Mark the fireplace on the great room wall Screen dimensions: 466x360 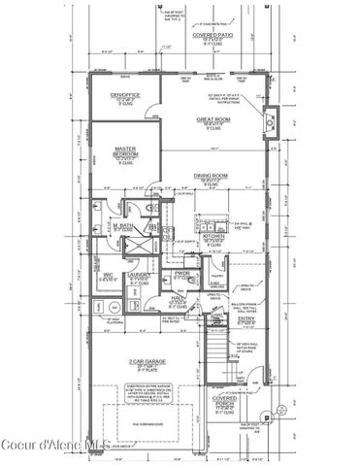[275, 120]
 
